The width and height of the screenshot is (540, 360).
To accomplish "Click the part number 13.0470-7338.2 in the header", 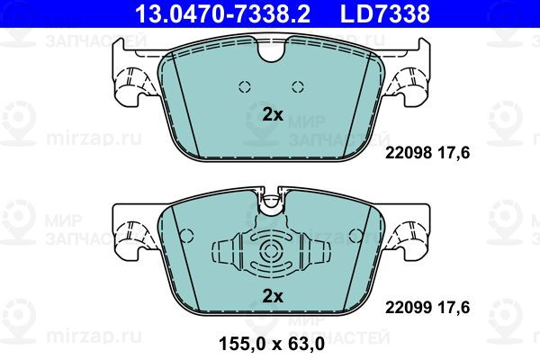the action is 223,13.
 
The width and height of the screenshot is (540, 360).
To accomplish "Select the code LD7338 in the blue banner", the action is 385,13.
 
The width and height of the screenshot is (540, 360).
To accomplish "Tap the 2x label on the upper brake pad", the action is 273,114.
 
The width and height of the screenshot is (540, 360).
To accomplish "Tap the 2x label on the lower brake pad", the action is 273,296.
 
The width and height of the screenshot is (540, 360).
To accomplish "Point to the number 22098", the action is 409,153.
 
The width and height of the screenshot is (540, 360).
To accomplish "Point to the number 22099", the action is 409,307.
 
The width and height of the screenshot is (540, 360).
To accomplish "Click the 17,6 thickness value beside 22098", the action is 454,153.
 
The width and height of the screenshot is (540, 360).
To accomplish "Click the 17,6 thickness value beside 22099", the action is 454,307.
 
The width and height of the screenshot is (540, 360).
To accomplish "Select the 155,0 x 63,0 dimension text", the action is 272,344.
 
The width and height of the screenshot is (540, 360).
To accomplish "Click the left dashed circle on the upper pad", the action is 245,86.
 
